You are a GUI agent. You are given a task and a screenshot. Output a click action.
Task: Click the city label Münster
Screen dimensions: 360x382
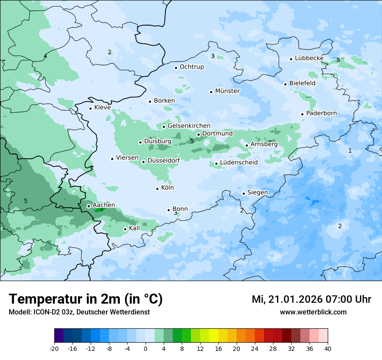point(227,91)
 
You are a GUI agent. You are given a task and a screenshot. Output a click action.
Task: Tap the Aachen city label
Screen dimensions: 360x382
point(104,205)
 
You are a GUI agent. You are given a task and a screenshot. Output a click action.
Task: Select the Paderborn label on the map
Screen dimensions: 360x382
point(321,113)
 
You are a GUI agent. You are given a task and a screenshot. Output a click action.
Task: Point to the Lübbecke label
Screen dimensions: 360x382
point(309,58)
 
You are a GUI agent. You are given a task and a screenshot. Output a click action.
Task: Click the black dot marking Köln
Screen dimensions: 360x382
point(157,189)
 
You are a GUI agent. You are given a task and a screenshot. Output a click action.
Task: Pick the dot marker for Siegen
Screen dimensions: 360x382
point(244,193)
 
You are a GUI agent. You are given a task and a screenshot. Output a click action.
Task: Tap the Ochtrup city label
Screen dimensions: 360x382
point(191,67)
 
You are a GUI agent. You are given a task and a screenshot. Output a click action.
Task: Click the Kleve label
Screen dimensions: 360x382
point(102,108)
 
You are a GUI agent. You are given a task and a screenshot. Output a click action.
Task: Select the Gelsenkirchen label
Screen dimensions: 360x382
point(189,126)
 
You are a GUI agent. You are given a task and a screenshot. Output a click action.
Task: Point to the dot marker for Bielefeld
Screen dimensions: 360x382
point(286,84)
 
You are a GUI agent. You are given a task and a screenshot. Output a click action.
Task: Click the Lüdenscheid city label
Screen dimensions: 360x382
point(239,163)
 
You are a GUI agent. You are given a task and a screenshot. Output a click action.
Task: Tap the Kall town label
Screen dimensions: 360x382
point(134,228)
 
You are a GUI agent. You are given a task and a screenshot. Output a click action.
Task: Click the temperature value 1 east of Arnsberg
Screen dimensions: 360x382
point(350,151)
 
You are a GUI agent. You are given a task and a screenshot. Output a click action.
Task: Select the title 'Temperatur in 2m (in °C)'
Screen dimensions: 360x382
point(86,299)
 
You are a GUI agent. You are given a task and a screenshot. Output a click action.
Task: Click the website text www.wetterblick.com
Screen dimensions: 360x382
point(313,312)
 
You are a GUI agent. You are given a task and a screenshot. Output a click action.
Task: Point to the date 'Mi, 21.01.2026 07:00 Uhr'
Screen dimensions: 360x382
point(311,299)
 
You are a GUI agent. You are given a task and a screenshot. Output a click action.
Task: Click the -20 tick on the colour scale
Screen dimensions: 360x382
point(54,349)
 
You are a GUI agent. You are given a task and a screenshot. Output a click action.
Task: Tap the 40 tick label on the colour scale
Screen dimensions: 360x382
point(328,349)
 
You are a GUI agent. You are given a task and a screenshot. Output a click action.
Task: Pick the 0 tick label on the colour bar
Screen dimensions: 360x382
point(145,349)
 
